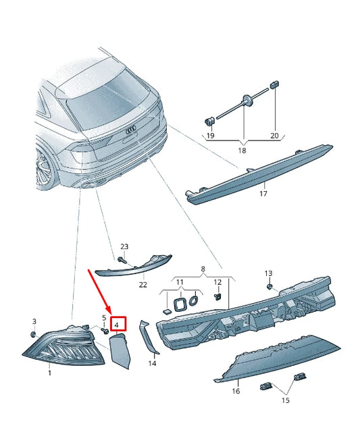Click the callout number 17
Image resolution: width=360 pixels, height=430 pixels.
click(x=263, y=194)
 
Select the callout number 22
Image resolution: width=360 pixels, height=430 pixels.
click(x=143, y=285)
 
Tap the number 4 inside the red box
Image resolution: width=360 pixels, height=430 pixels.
click(x=116, y=325)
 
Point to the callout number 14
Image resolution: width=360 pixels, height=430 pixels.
click(x=152, y=363)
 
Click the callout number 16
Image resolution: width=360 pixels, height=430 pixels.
click(x=236, y=390)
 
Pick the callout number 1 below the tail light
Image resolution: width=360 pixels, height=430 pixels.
click(x=50, y=373)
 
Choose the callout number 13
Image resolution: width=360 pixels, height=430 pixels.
click(x=268, y=273)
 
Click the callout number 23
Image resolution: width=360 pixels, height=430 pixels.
click(x=124, y=246)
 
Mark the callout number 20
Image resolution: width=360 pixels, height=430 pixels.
click(x=274, y=136)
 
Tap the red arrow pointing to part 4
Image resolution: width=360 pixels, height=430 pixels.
click(x=99, y=292)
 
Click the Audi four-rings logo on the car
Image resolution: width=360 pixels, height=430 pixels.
click(x=131, y=131)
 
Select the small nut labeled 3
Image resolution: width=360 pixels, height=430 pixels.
click(x=33, y=334)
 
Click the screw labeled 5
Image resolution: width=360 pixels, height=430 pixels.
click(x=105, y=331)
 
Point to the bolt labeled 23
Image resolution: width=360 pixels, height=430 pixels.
click(x=122, y=259)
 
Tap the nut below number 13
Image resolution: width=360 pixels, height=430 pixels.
click(x=269, y=287)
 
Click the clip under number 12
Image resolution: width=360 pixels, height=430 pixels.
click(x=218, y=296)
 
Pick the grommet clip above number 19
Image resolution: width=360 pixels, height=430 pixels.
click(x=209, y=121)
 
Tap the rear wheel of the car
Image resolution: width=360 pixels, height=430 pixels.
click(x=44, y=168)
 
